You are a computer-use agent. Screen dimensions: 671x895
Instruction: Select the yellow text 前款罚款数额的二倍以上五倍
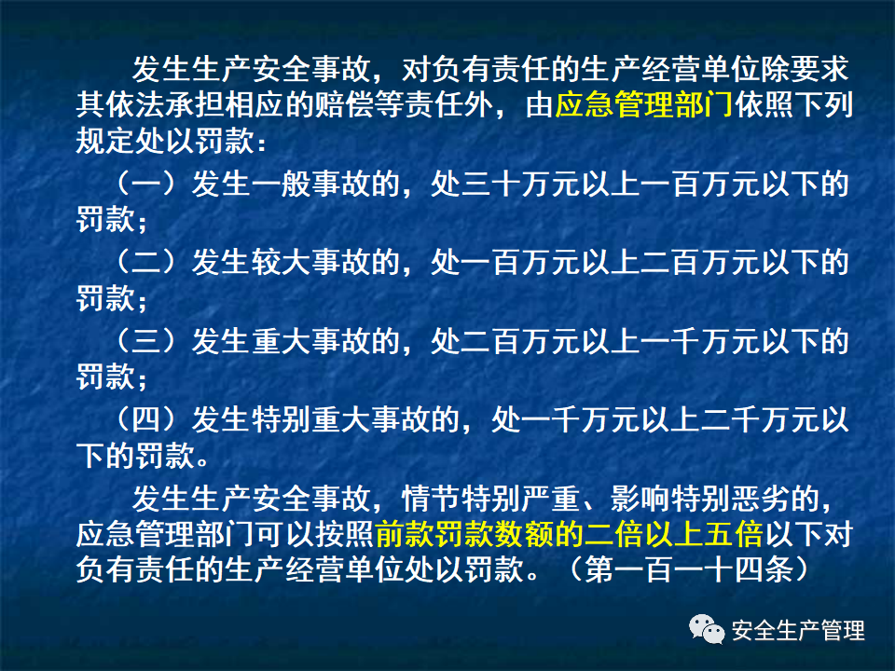570,536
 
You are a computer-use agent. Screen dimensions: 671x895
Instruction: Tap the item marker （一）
146,185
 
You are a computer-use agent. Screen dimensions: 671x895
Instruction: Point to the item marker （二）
146,264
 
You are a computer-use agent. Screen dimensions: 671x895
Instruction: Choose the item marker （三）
146,342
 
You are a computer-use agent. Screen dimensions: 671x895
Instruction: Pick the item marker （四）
146,420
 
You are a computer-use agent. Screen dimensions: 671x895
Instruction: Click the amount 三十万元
522,185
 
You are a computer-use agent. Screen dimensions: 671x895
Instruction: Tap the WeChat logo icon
707,631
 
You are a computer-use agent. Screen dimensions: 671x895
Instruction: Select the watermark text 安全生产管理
798,631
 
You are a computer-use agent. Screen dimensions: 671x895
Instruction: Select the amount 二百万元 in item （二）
717,264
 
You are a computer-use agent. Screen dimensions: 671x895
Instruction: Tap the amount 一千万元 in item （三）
717,342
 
